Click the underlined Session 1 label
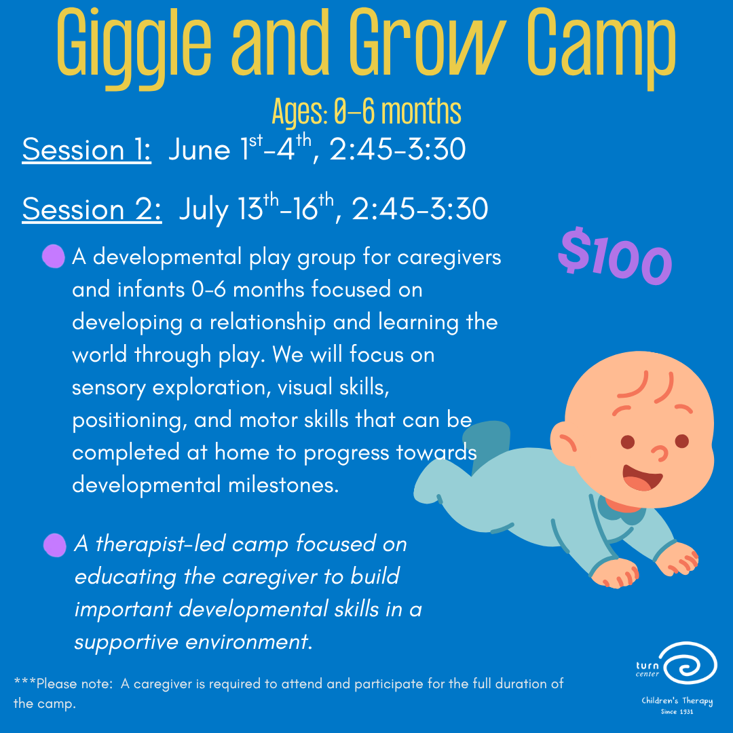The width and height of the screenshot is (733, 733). (86, 150)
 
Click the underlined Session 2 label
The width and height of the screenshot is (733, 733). (92, 209)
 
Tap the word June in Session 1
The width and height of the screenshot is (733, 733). (200, 150)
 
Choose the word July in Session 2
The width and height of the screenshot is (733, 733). (203, 210)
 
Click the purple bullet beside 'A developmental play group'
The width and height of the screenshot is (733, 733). (53, 257)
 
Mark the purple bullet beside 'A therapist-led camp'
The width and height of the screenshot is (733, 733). (54, 544)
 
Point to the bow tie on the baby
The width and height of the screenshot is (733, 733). (621, 510)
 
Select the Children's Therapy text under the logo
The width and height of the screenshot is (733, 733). (677, 702)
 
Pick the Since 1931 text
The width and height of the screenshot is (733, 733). (677, 712)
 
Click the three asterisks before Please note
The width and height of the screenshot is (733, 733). (24, 683)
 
